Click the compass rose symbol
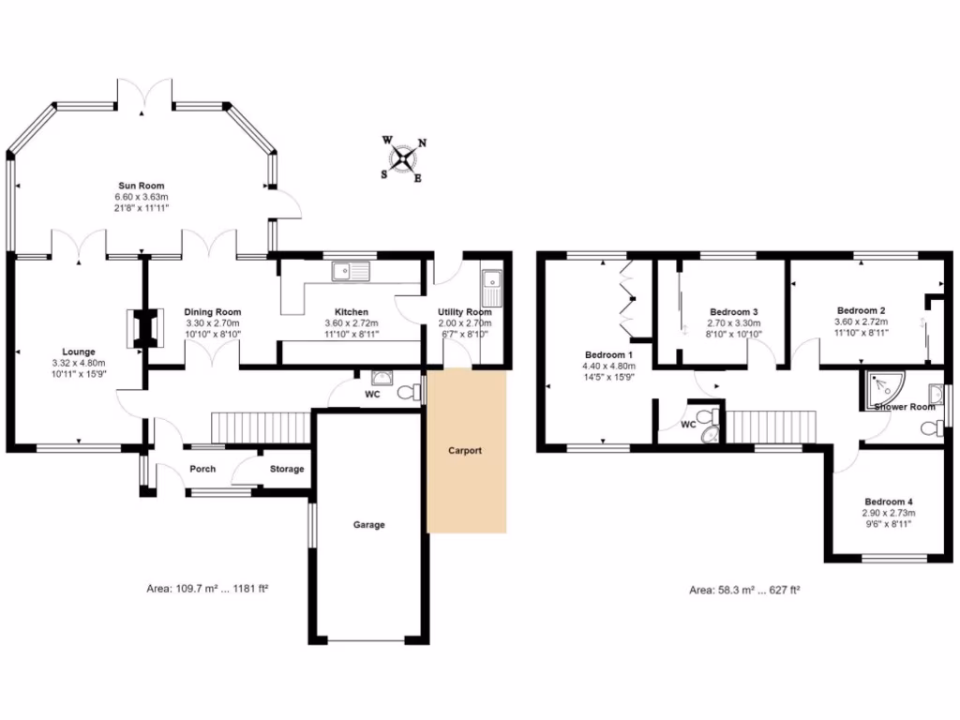(x=404, y=158)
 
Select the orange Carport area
(x=467, y=451)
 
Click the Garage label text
(x=368, y=525)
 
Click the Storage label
(x=287, y=469)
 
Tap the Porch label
(x=202, y=469)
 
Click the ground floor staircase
(x=260, y=427)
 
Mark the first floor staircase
(x=768, y=427)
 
